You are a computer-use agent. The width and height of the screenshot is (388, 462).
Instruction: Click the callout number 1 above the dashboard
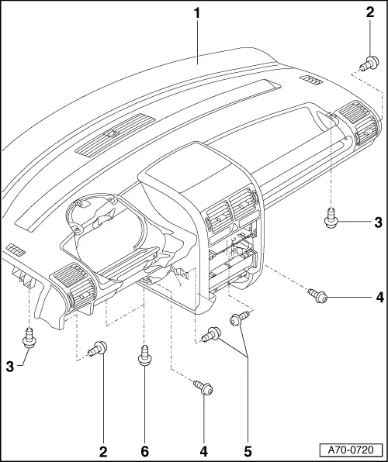[x=199, y=13]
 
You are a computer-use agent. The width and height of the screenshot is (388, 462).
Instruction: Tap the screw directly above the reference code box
[x=319, y=295]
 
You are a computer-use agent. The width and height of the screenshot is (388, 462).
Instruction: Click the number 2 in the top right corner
[x=370, y=12]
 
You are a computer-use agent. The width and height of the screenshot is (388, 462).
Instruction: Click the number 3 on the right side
[x=377, y=223]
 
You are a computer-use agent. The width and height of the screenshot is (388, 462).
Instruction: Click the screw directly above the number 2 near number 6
[x=99, y=351]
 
